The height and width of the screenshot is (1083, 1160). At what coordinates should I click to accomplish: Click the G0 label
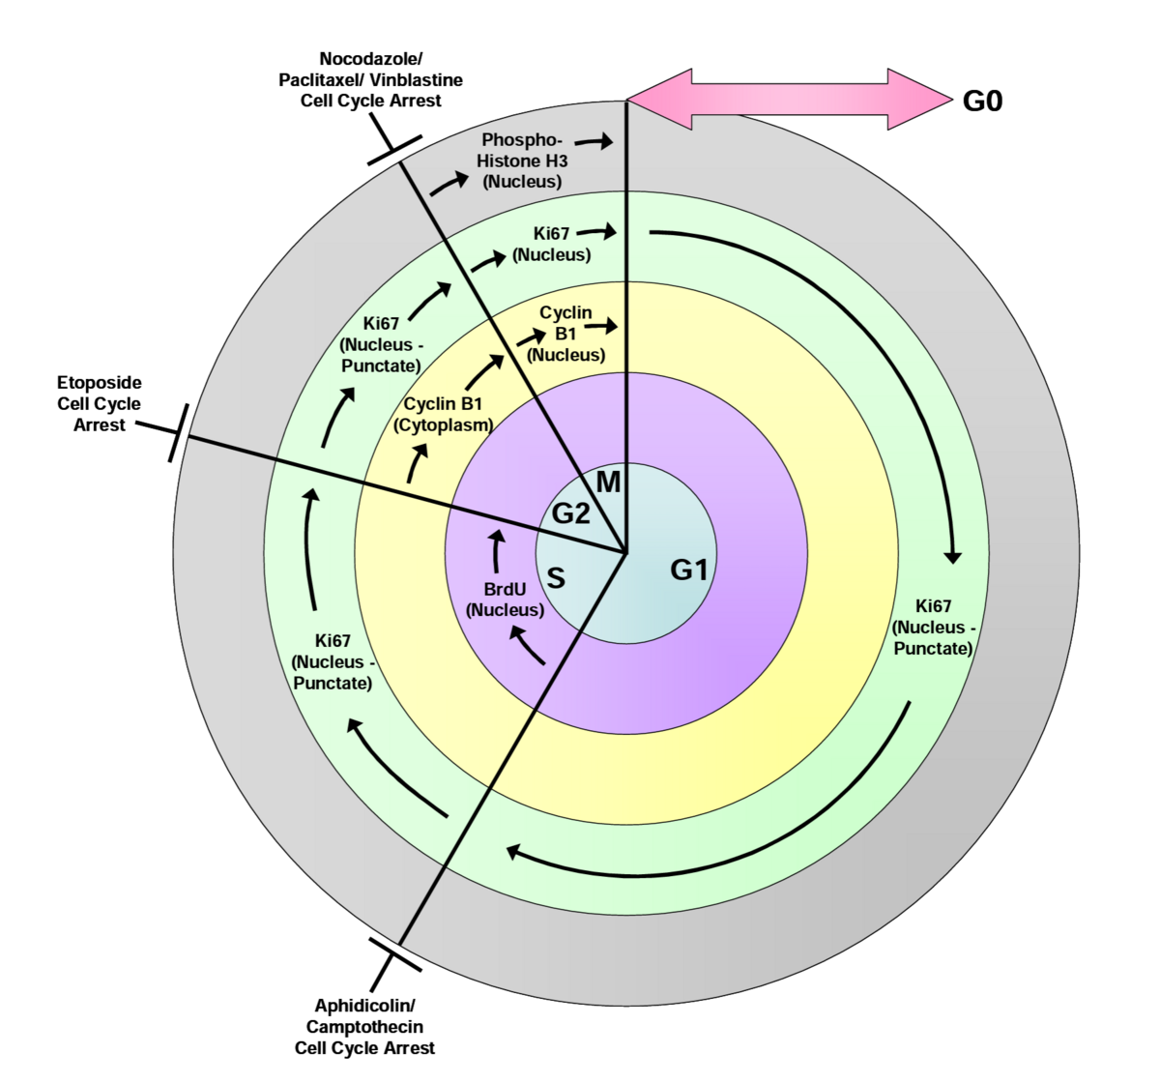click(x=982, y=101)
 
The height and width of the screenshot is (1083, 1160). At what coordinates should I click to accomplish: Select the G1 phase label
click(x=689, y=571)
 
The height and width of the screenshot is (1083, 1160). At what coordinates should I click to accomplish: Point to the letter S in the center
click(x=556, y=578)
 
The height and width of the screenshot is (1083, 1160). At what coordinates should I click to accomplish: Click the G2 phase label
click(x=570, y=513)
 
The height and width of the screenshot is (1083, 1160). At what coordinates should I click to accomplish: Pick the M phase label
click(x=608, y=482)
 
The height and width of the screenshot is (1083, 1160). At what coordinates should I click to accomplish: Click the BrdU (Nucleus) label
click(x=505, y=600)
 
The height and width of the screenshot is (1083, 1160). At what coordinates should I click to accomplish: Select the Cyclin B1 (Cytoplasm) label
click(x=443, y=414)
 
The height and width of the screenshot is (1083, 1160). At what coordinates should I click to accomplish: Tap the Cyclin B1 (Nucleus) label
click(x=566, y=334)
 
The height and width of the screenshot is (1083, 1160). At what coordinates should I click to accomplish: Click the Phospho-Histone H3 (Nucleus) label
click(x=522, y=161)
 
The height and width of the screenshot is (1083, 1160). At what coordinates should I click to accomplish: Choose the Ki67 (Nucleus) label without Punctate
click(x=552, y=245)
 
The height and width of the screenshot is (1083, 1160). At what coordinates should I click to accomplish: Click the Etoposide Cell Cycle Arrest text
click(x=99, y=404)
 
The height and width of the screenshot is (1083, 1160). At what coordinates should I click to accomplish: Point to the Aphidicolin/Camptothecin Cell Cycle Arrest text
click(x=364, y=1027)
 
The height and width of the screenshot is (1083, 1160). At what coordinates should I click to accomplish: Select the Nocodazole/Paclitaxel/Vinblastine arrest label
click(x=371, y=80)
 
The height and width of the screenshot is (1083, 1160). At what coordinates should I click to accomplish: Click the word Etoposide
click(x=99, y=383)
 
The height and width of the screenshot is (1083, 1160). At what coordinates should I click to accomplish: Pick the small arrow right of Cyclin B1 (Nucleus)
click(x=600, y=327)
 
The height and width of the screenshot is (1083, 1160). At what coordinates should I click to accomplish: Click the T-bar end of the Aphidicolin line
click(x=396, y=954)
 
